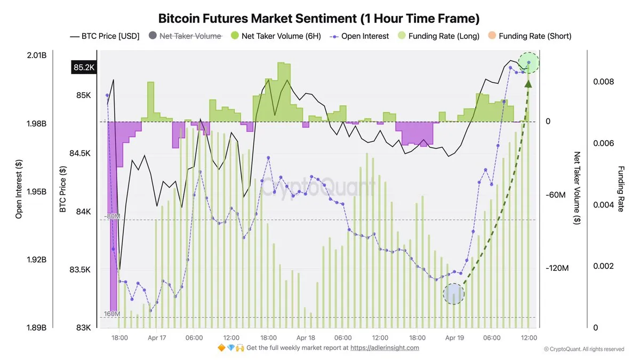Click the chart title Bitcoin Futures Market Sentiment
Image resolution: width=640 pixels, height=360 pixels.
pos(319,18)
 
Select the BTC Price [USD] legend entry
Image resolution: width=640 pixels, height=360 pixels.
pos(105,36)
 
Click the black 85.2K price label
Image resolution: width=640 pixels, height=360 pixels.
pos(83,68)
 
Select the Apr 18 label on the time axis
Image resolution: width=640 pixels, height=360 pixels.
pos(306,338)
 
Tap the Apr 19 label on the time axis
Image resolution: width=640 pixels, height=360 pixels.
pos(454,338)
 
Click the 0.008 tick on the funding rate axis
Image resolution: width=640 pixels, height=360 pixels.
pos(603,82)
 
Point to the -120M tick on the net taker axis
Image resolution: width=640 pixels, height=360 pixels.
pos(557,268)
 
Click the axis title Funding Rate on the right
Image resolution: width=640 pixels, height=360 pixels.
pos(620,189)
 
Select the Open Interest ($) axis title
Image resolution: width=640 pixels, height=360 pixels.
pos(19,189)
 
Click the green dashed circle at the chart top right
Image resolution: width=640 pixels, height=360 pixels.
pos(529,63)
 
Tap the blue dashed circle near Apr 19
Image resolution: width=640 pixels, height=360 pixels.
pos(454,293)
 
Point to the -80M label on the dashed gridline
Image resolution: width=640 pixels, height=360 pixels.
pos(111,216)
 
